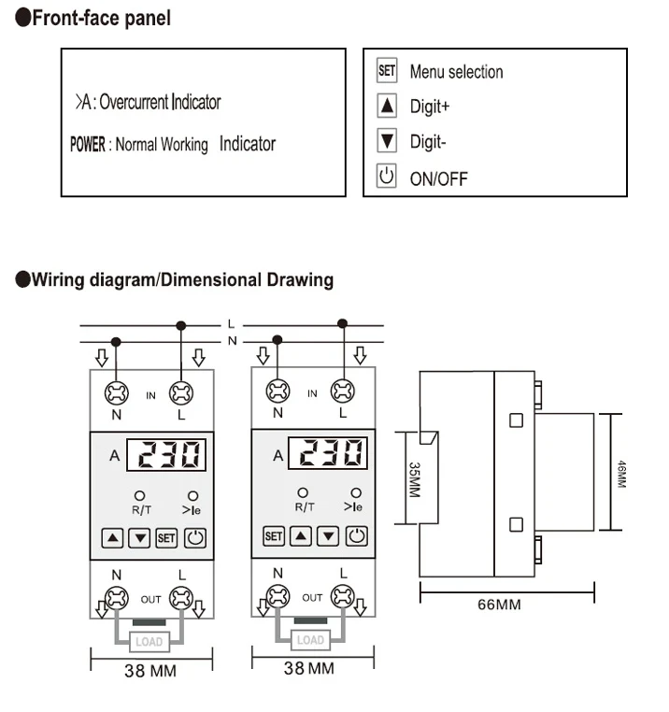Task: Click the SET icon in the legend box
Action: (387, 70)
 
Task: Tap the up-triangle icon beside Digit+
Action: (387, 106)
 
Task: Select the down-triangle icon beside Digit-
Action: (387, 141)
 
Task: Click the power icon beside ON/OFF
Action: (387, 176)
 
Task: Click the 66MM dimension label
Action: (499, 604)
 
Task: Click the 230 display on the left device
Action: (168, 456)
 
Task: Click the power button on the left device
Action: (194, 537)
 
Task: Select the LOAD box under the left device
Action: (149, 642)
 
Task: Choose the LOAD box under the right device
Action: (310, 640)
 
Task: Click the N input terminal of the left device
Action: (117, 393)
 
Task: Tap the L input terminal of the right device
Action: (343, 392)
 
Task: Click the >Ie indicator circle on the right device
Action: (353, 492)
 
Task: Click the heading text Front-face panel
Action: (100, 19)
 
